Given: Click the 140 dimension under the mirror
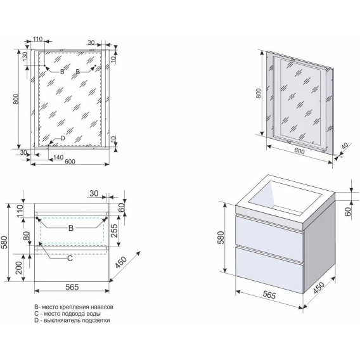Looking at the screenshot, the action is [x=58, y=157].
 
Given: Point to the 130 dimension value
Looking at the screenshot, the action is [x=25, y=56].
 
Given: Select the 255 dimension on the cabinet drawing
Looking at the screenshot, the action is [x=113, y=231].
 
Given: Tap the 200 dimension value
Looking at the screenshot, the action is [x=19, y=268].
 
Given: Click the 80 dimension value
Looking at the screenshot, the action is [x=27, y=236].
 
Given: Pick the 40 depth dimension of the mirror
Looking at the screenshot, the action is [x=345, y=146].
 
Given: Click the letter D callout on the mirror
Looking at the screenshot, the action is [x=63, y=138].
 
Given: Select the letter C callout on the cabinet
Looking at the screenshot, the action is [x=70, y=259].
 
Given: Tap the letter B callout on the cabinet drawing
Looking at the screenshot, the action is [x=71, y=228].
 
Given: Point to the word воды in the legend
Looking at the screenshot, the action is [x=94, y=314].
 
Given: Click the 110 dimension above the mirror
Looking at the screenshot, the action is [x=37, y=39].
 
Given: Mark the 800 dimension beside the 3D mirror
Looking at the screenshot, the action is [x=259, y=93].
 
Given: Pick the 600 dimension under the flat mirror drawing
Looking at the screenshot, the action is [x=70, y=162].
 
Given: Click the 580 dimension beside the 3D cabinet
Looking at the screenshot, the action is [x=221, y=238].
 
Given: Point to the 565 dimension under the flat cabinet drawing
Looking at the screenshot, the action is [x=72, y=287].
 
